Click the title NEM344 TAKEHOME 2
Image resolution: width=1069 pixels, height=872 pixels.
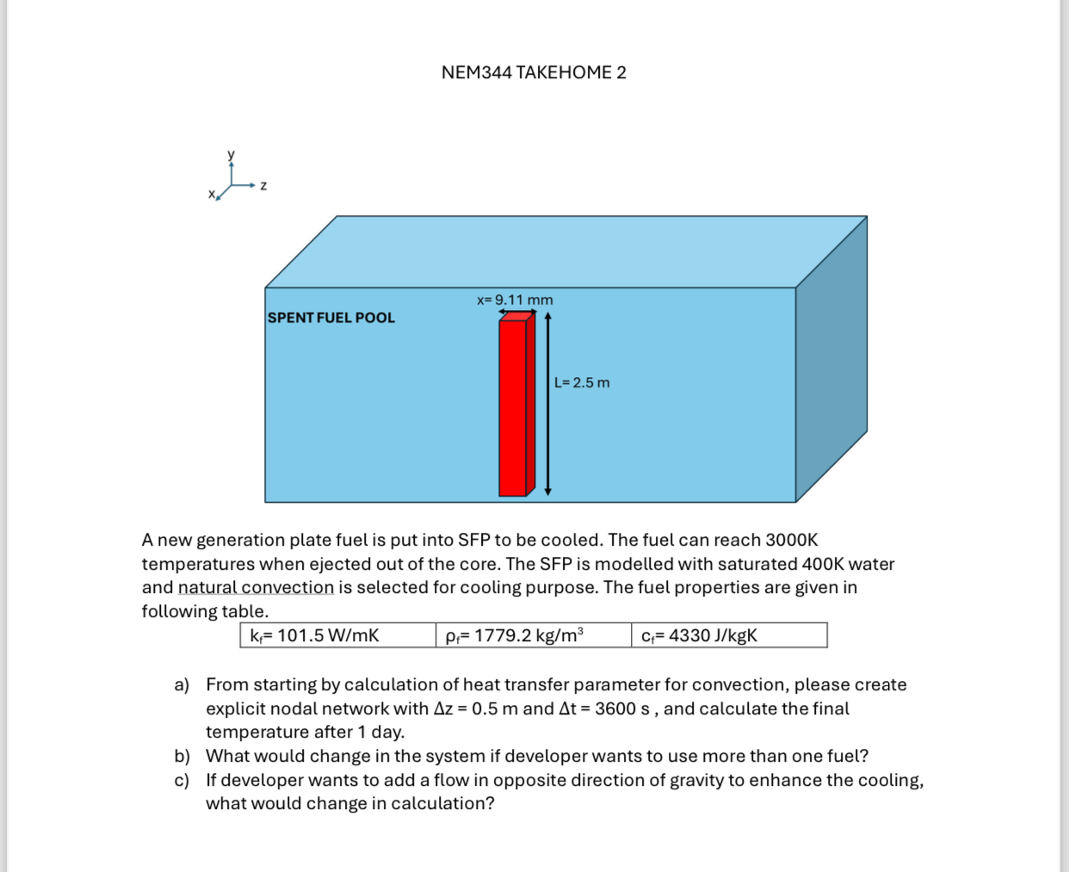point(534,72)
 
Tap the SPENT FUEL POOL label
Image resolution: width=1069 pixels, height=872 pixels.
point(331,318)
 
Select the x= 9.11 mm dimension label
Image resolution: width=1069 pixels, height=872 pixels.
point(515,300)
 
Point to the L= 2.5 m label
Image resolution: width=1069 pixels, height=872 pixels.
point(582,382)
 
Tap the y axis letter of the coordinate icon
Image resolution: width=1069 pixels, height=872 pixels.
point(231,155)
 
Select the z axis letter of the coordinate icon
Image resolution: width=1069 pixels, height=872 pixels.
point(263,186)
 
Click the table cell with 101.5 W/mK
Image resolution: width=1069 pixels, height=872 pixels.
point(337,635)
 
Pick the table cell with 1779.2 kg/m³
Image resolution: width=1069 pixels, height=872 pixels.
point(533,635)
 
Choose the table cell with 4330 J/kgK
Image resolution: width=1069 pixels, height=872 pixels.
point(728,635)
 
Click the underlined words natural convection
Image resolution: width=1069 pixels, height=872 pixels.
point(256,587)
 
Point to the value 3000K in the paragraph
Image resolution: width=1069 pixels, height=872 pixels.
point(791,540)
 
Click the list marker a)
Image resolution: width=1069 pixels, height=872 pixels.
point(182,684)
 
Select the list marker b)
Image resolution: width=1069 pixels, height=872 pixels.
point(182,756)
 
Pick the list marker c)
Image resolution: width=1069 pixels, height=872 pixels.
point(182,780)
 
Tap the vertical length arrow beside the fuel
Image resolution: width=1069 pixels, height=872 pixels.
point(548,405)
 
